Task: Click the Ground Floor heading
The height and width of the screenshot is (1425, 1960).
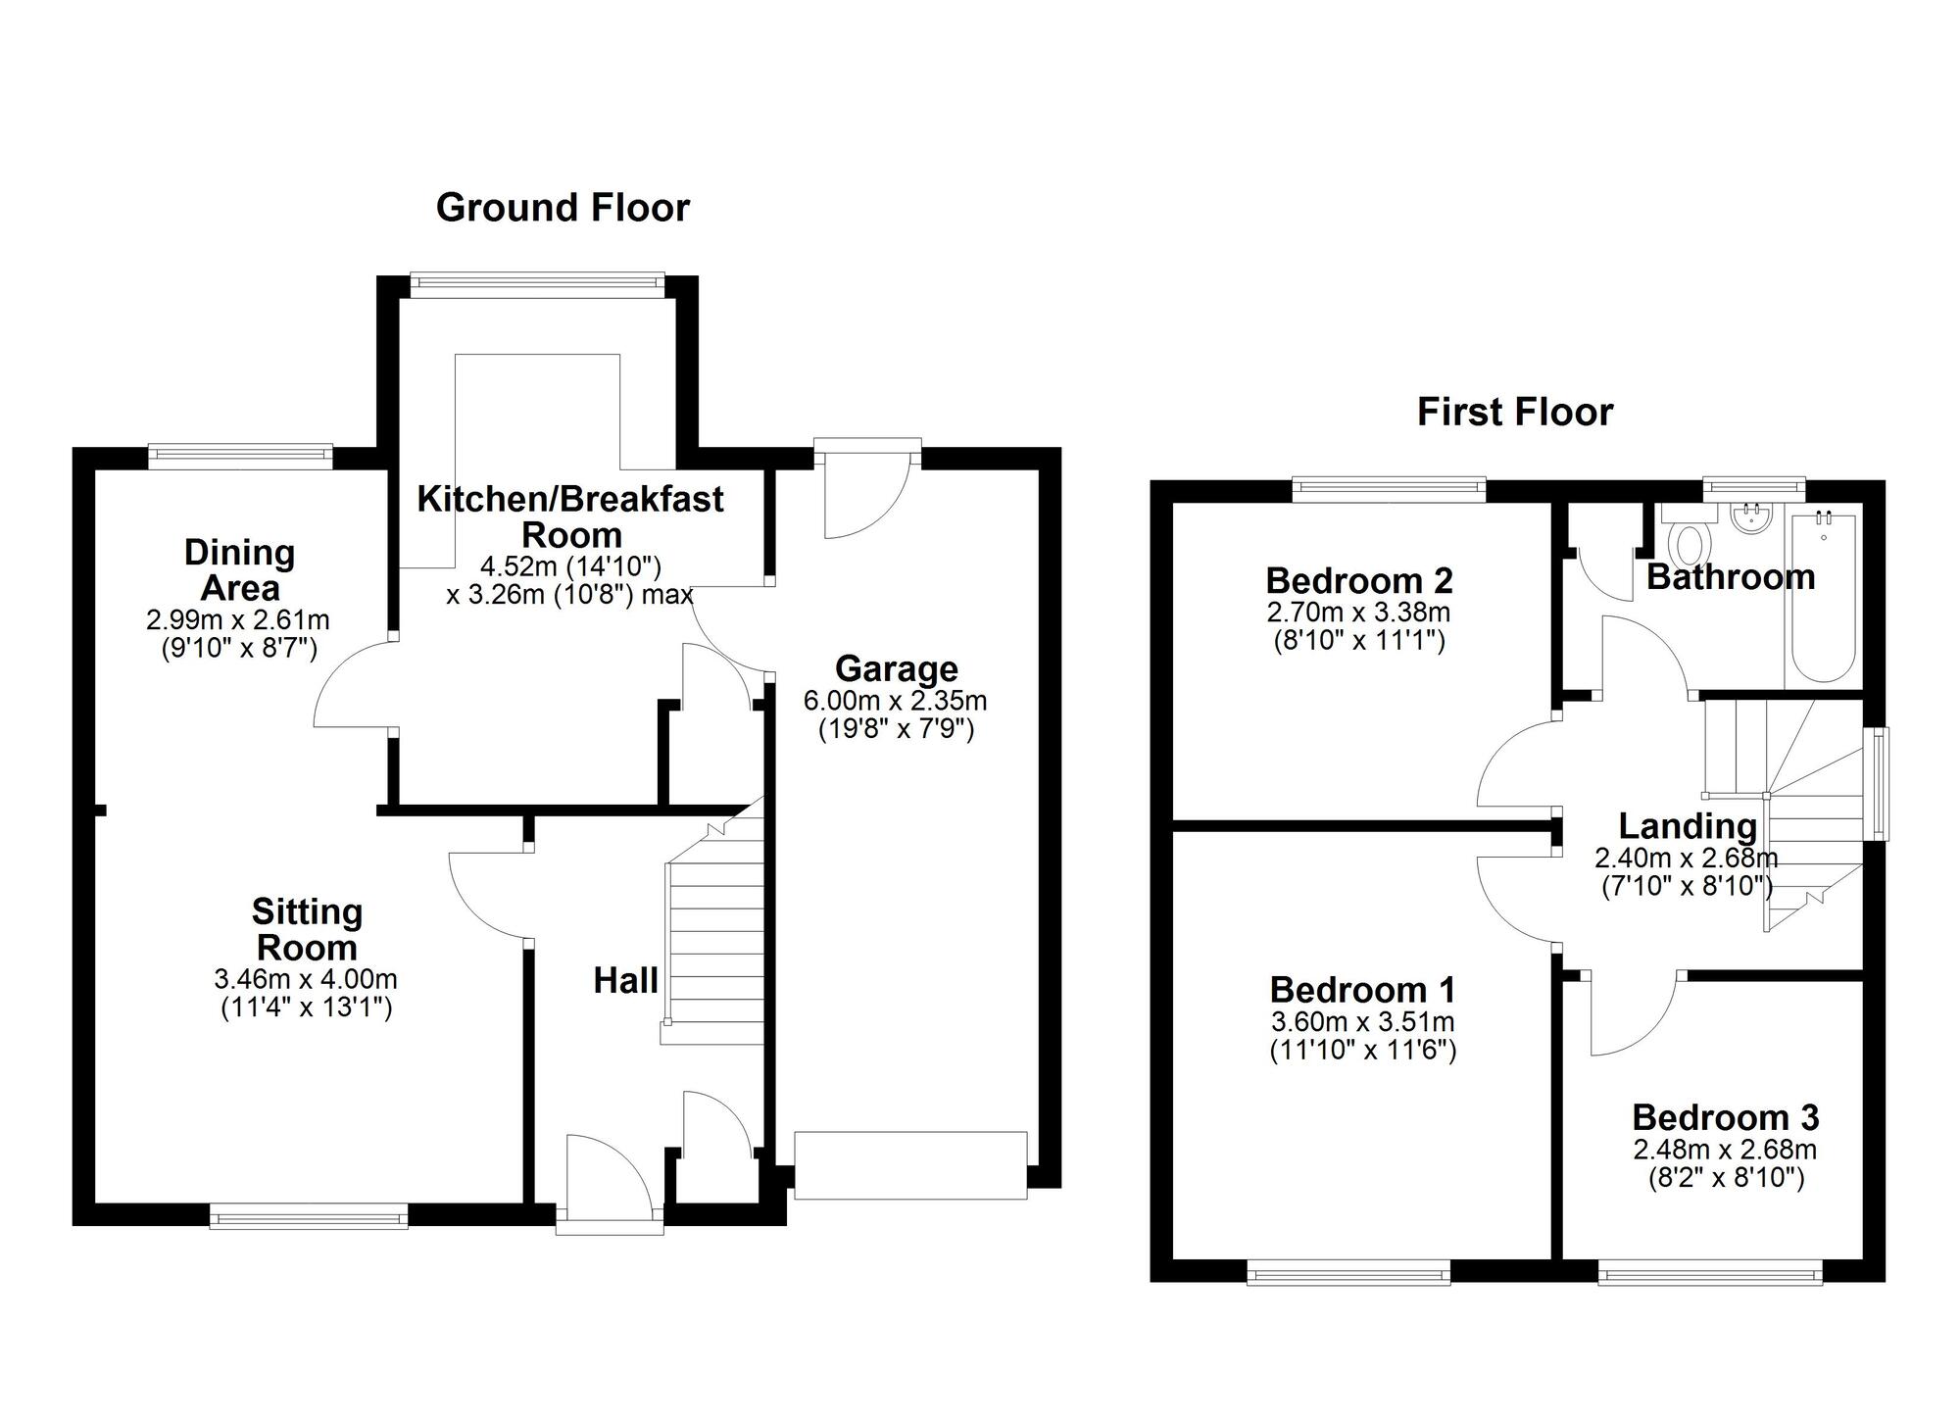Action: click(563, 208)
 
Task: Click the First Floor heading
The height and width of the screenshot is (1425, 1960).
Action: click(1514, 412)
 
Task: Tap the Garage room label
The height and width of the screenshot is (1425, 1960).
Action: click(896, 669)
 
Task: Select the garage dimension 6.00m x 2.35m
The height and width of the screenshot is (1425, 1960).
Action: click(895, 701)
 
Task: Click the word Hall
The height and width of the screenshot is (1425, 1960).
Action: click(625, 980)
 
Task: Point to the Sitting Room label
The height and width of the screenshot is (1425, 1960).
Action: click(307, 929)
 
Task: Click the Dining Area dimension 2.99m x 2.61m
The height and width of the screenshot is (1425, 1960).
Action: click(238, 619)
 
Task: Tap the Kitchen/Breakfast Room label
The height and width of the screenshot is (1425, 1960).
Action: click(570, 516)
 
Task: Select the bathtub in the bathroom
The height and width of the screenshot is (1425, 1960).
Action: click(1822, 598)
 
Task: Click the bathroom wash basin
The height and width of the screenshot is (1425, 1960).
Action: click(1749, 519)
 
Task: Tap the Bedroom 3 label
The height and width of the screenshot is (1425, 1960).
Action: click(1725, 1117)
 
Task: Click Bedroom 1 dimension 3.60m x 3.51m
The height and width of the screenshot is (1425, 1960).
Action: click(1362, 1021)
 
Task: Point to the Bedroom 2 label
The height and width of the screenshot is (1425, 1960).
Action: click(1358, 580)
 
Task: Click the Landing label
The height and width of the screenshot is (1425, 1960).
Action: click(1687, 826)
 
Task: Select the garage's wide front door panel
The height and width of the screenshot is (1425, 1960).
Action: click(910, 1164)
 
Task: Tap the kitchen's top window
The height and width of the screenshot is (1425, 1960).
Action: click(536, 284)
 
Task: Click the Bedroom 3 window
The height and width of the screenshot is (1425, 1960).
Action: click(1710, 1275)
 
